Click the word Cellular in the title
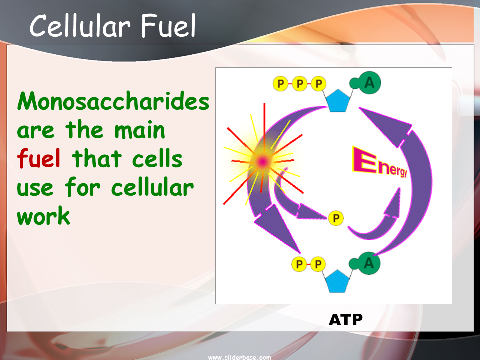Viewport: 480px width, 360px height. click(x=80, y=26)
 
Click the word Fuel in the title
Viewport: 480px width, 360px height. click(x=168, y=26)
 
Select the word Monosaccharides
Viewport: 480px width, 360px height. click(x=113, y=101)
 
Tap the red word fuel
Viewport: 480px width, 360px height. click(x=39, y=158)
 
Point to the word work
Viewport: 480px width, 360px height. click(x=44, y=215)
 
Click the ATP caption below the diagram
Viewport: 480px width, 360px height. click(x=345, y=320)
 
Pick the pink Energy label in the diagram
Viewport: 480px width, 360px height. click(x=380, y=162)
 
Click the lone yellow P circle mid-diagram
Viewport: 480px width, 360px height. click(x=336, y=218)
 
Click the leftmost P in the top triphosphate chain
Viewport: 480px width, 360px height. click(x=281, y=83)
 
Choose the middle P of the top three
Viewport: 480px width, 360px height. click(x=300, y=83)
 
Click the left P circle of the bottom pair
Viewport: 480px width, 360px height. click(x=299, y=264)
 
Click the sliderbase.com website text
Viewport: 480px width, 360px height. click(x=239, y=357)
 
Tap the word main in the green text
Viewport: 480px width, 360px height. click(x=140, y=130)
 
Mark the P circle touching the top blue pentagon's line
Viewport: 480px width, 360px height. click(x=319, y=83)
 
